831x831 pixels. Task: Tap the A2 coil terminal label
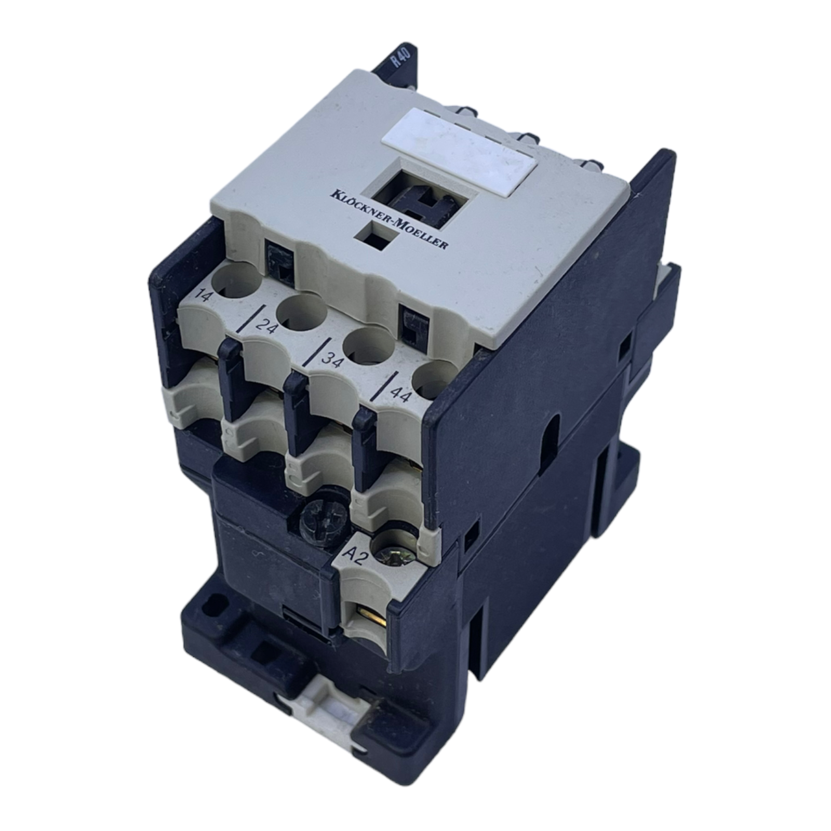(356, 558)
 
